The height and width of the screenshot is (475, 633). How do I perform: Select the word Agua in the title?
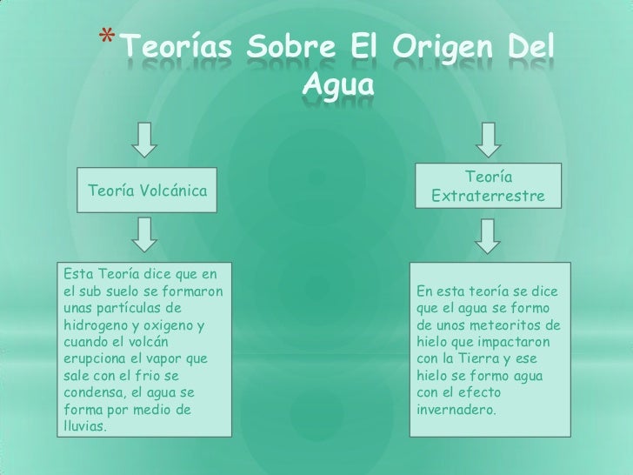click(x=338, y=87)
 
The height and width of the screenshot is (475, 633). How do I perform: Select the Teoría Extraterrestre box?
click(x=488, y=187)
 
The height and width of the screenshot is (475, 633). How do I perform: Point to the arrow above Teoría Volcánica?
click(x=148, y=137)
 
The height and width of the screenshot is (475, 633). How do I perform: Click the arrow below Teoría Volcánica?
click(x=148, y=231)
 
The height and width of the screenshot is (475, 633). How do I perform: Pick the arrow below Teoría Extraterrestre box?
click(x=488, y=232)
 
